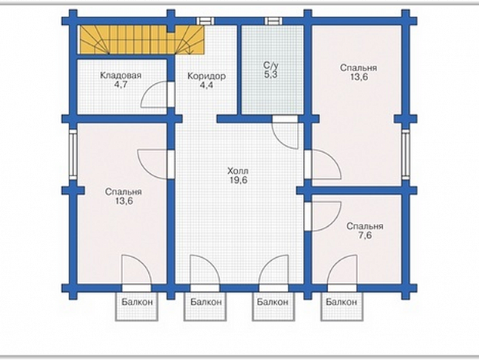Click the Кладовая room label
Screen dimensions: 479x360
click(121, 75)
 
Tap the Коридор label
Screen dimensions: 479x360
click(206, 76)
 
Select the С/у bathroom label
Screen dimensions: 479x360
click(270, 65)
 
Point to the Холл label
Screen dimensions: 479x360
click(238, 171)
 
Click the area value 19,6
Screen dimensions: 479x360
click(239, 180)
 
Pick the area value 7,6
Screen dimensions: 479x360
click(365, 235)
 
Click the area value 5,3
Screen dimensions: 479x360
click(270, 75)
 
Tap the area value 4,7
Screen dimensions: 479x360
click(121, 85)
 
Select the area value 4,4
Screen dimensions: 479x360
click(206, 85)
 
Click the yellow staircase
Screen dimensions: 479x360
click(142, 40)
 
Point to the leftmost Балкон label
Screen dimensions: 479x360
click(137, 303)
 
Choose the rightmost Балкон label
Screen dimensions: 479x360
click(341, 303)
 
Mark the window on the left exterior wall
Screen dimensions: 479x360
click(73, 154)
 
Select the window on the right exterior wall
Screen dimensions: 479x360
click(406, 154)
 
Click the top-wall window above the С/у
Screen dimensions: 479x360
click(273, 21)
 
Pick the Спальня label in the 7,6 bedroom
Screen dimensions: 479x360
click(365, 226)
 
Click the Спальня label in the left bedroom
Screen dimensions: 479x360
click(123, 192)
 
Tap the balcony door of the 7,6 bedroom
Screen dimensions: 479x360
click(341, 288)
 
